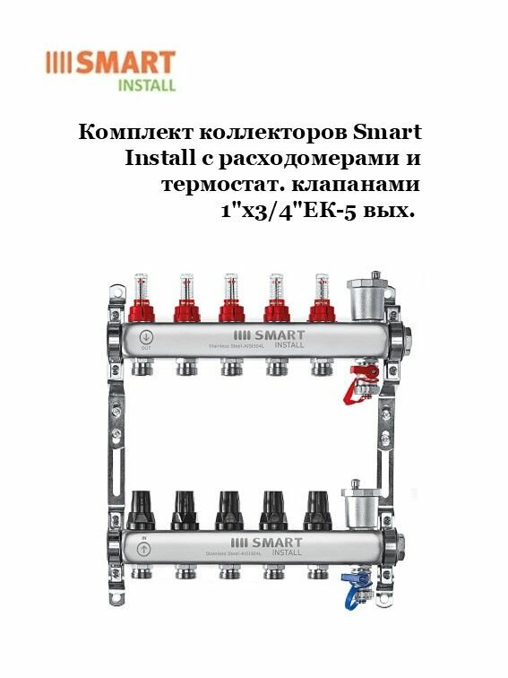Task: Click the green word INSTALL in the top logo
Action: pos(147,87)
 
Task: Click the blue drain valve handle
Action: pos(357,593)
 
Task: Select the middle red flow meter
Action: pos(230,300)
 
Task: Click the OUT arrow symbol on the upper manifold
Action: pos(146,339)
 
